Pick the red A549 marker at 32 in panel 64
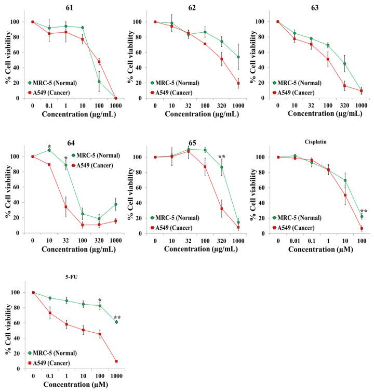click(66, 206)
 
